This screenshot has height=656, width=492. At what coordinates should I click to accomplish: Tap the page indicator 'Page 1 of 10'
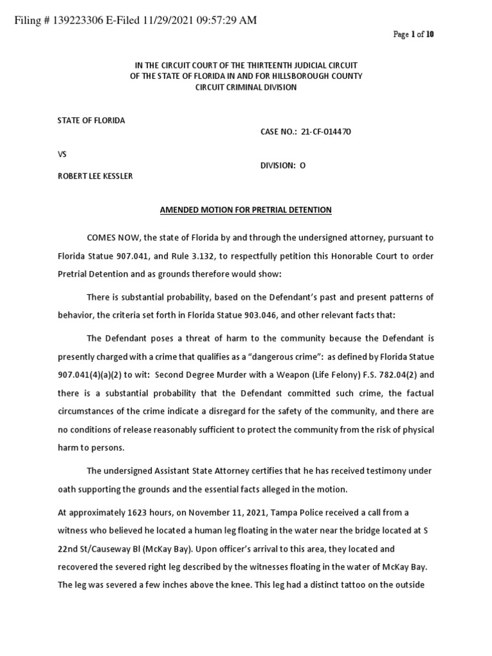(x=413, y=35)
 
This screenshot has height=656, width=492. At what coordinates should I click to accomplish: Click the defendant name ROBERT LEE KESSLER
(x=95, y=176)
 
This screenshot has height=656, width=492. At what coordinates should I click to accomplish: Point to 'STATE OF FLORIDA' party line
(x=91, y=120)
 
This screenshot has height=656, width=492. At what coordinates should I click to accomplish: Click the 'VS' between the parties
(x=62, y=154)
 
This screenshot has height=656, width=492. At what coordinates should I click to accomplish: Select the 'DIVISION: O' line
(x=283, y=165)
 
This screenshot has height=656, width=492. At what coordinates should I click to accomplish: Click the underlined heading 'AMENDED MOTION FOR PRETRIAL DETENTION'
(x=245, y=210)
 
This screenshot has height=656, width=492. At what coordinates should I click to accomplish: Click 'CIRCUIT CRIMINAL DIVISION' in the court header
(x=245, y=87)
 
